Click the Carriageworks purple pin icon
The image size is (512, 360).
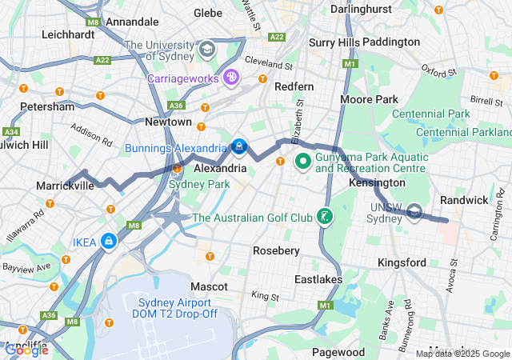coord(231,78)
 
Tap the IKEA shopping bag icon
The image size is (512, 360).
coord(107,241)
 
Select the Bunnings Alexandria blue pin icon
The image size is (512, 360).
coord(238,147)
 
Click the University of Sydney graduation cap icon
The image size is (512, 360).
coord(208,50)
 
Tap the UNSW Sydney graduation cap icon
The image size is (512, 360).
coord(414,211)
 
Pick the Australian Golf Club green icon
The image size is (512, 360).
coord(324,217)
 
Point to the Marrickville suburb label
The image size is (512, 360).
coord(65,186)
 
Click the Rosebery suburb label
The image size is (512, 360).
coord(276,250)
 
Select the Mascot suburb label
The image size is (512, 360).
coord(210,286)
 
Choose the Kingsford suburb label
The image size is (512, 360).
coord(402,262)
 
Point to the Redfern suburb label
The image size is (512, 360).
coord(294,86)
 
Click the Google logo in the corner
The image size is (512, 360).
coord(26,350)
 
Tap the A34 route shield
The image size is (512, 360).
coord(11,131)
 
